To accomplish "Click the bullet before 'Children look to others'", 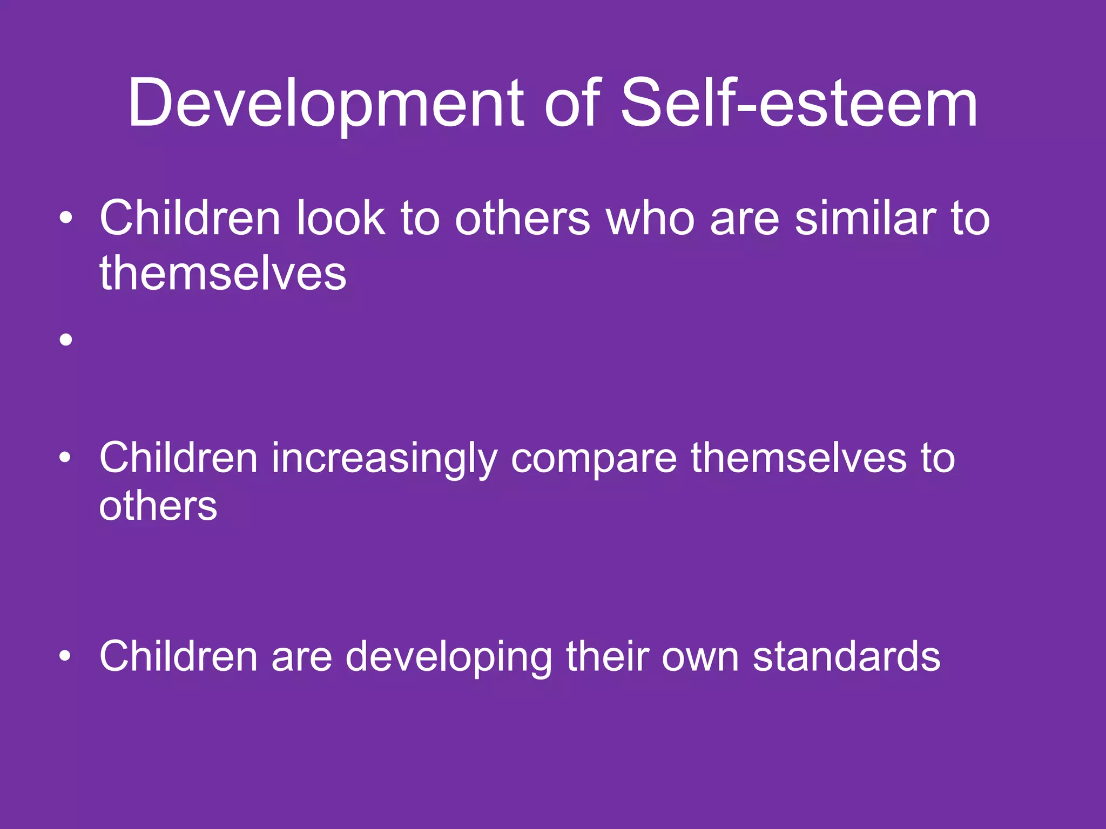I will (66, 219).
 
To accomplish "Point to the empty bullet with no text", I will (66, 339).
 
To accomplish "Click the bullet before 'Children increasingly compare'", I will (66, 458).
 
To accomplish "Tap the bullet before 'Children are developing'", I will (66, 656).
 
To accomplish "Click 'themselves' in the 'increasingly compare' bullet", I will (799, 458).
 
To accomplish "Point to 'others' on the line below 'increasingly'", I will (158, 507).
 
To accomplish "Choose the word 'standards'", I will (846, 656).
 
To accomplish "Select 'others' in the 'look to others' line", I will (523, 219).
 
